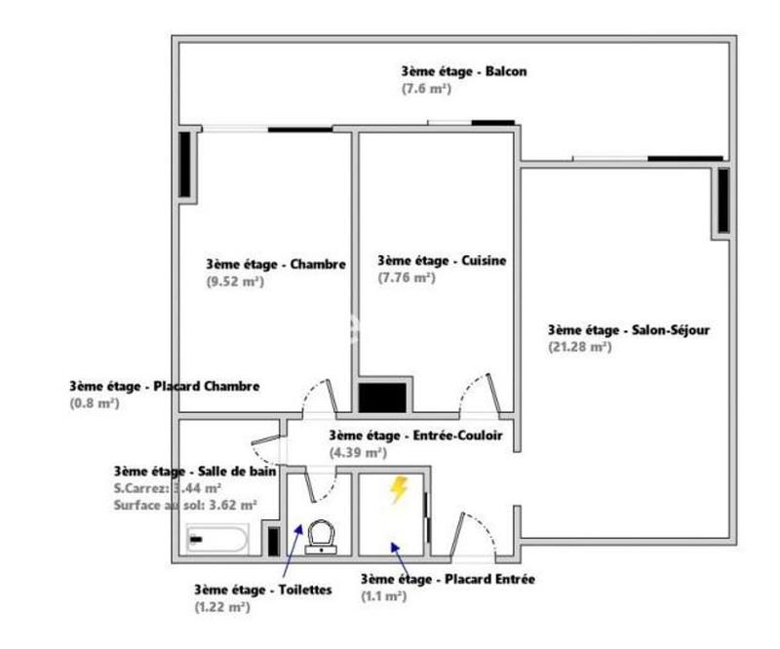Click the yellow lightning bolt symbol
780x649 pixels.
[x=398, y=489]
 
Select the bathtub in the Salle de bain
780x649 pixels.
[x=217, y=538]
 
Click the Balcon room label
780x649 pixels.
[x=464, y=71]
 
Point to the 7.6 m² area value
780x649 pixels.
[x=425, y=88]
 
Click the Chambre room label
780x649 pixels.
[x=277, y=264]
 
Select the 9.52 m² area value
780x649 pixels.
[x=234, y=282]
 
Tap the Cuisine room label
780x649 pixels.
[x=442, y=260]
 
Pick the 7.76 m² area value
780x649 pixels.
[x=406, y=278]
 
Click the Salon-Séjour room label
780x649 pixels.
[x=629, y=329]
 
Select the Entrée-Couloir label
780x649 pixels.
[x=416, y=436]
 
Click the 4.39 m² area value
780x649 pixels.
[x=358, y=452]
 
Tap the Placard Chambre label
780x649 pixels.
[x=164, y=386]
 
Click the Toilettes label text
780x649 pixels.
[x=262, y=590]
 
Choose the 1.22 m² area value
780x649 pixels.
[x=221, y=606]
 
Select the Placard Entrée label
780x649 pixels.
[x=447, y=579]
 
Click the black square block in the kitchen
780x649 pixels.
[x=382, y=397]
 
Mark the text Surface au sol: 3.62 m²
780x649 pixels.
[x=184, y=505]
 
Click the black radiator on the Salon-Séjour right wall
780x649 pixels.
[x=723, y=201]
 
